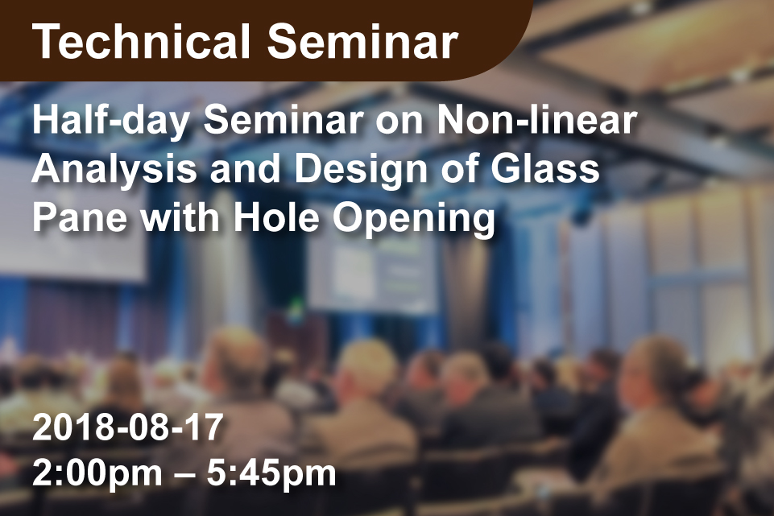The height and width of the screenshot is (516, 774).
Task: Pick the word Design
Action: point(361,170)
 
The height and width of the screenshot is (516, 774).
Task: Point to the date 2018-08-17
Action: point(128,427)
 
